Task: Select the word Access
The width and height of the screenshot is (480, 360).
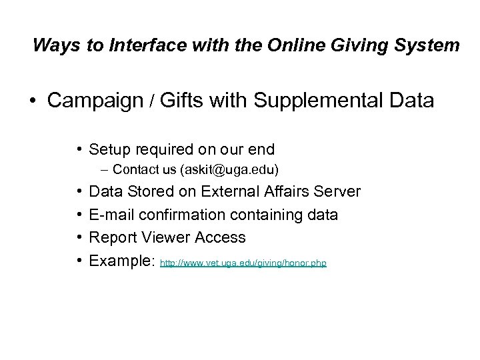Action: [222, 237]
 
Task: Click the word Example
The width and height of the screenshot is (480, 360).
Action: [123, 261]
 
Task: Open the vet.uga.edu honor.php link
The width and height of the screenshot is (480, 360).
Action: [244, 264]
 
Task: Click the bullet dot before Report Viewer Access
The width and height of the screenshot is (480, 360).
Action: [80, 237]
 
